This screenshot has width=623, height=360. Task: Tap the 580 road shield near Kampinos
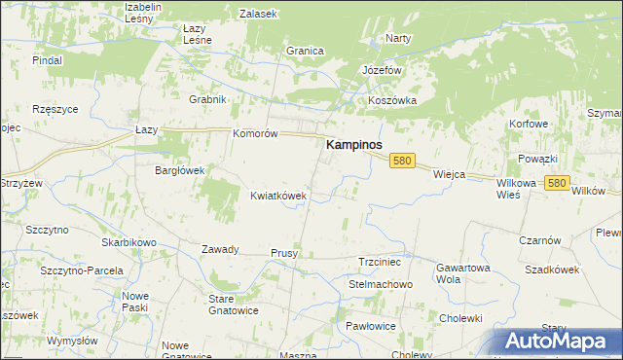(404, 161)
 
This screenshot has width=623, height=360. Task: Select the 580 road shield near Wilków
(557, 182)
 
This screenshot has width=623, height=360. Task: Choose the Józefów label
(382, 71)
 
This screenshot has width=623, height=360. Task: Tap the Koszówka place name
(392, 100)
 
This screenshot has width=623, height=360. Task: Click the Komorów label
(256, 133)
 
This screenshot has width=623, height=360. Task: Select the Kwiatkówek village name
(278, 195)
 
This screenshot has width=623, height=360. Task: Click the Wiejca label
(449, 174)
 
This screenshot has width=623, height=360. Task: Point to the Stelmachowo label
(381, 284)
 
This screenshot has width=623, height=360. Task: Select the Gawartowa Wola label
(461, 272)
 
